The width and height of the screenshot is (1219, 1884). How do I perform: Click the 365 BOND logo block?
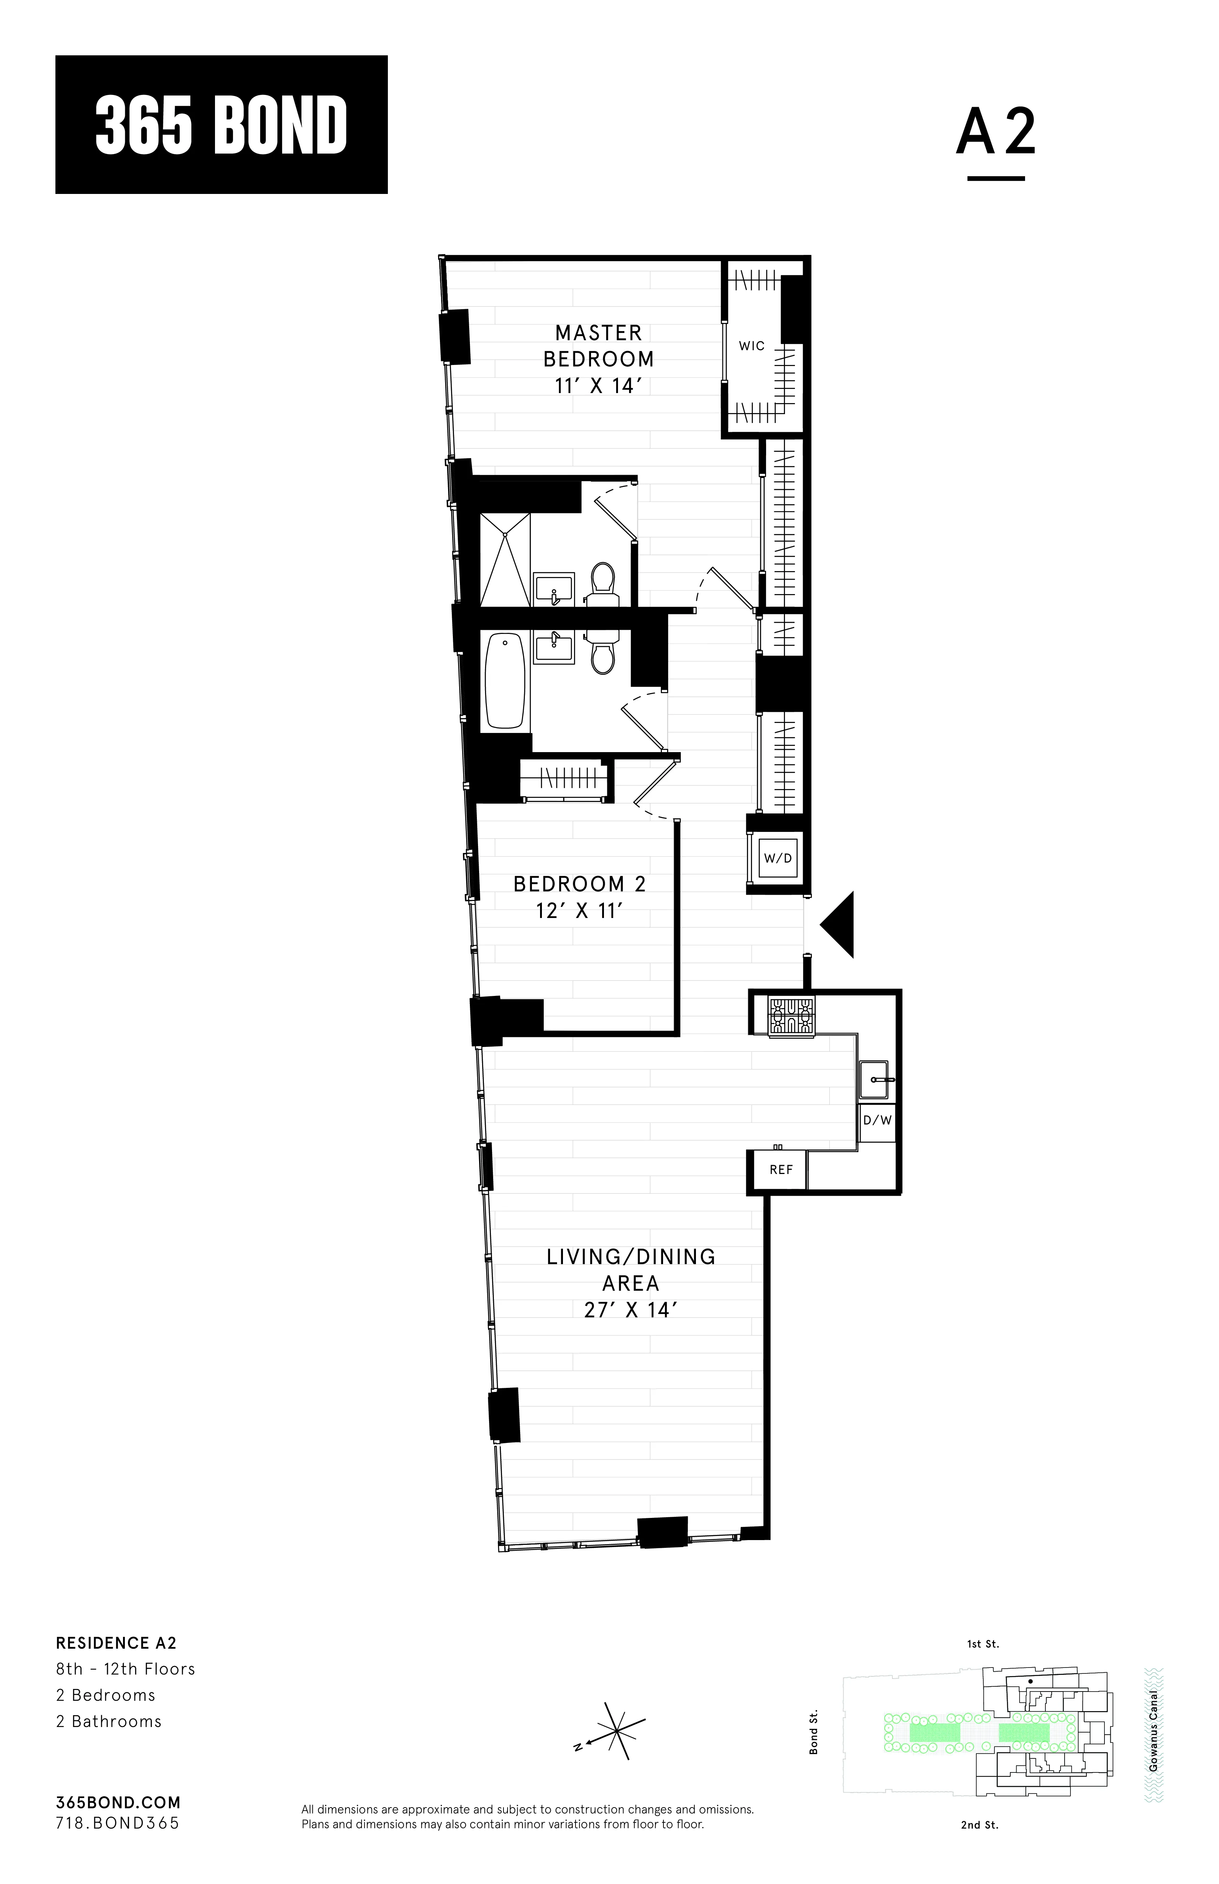point(221,124)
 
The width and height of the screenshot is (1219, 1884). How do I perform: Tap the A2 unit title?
point(996,132)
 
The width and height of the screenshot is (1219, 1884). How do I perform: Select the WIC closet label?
point(751,346)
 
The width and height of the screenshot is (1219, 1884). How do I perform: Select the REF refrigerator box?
point(781,1169)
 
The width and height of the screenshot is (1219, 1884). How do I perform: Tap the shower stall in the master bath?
point(505,559)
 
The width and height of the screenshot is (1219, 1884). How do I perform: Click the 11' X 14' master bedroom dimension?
point(598,386)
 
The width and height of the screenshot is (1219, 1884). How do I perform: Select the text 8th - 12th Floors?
point(125,1669)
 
